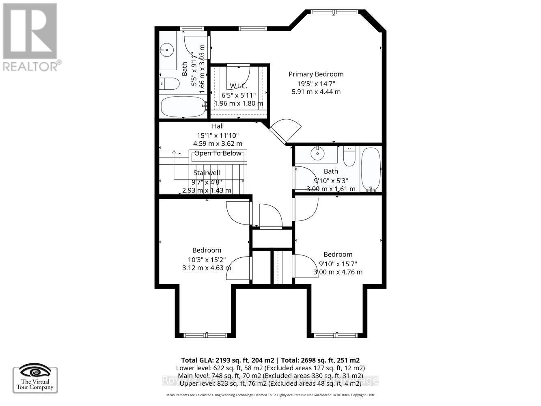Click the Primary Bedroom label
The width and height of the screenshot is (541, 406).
[316, 74]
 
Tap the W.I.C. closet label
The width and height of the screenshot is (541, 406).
[238, 86]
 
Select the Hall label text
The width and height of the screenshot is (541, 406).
[218, 126]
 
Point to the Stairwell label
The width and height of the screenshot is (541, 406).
[207, 173]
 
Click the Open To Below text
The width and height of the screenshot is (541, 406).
[218, 153]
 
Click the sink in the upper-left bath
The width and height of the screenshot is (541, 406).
[166, 50]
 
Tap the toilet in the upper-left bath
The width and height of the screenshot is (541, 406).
[170, 84]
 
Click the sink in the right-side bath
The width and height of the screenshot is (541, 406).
[318, 153]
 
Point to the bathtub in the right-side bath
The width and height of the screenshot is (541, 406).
[371, 169]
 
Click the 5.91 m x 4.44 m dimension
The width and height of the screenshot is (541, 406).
[316, 92]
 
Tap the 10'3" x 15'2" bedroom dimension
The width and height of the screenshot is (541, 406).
[207, 259]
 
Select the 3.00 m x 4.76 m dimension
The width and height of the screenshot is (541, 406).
[338, 272]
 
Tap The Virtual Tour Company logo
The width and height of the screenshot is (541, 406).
[35, 379]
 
